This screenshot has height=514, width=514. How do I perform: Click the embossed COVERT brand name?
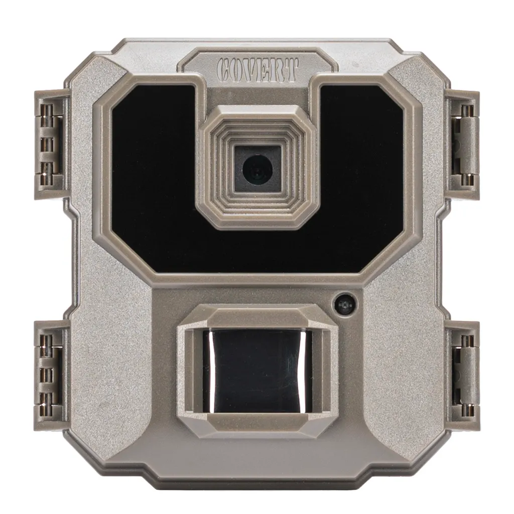click(x=258, y=70)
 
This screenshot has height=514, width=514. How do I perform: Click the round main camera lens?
click(x=258, y=169)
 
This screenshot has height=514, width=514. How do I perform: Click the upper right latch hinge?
click(x=463, y=145)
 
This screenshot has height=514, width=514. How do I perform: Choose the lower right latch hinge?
click(x=463, y=375)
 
